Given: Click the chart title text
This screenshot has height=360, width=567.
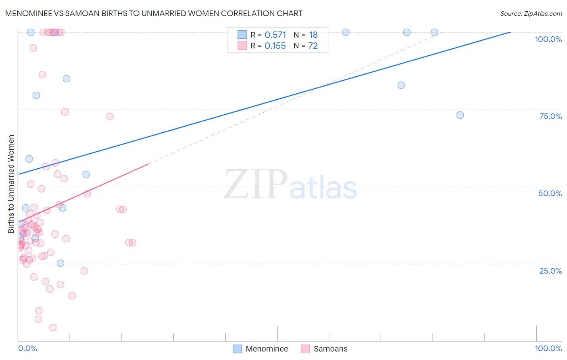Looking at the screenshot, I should (x=154, y=13).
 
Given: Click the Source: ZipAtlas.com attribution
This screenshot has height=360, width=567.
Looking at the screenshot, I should (x=531, y=13).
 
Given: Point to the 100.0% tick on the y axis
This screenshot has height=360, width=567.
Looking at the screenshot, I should (x=548, y=39).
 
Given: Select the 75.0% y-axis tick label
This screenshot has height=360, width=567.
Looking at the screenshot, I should (x=550, y=116).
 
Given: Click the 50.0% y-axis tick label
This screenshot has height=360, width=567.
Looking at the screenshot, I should (x=550, y=193).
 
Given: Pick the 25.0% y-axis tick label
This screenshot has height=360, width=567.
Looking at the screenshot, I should (x=550, y=271).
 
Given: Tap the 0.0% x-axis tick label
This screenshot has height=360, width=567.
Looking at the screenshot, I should (x=27, y=348).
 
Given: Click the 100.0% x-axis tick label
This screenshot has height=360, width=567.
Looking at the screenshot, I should (x=548, y=348).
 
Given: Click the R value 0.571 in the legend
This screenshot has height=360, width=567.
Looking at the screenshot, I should (x=275, y=35).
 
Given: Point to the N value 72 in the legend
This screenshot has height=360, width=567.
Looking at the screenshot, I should (x=313, y=46).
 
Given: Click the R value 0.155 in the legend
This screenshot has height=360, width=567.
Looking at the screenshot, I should (x=275, y=46).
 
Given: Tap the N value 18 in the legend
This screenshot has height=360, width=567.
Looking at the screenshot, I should (x=313, y=35).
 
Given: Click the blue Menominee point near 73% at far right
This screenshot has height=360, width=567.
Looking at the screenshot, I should (x=460, y=115).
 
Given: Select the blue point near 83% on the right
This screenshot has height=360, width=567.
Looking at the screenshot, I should (x=401, y=85).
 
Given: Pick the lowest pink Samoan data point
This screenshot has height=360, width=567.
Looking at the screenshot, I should (x=53, y=327).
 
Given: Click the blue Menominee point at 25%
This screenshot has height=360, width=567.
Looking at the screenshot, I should (x=60, y=264).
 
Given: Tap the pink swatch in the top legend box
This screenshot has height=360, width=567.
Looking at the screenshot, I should (x=242, y=46).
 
